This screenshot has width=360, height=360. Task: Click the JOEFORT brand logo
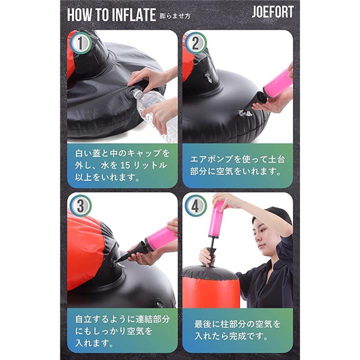click(x=272, y=12)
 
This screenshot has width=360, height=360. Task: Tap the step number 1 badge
click(x=80, y=43)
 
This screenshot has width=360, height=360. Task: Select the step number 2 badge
click(x=195, y=43)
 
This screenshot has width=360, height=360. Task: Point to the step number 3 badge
click(x=80, y=205)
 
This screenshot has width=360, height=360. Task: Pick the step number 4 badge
click(x=195, y=205)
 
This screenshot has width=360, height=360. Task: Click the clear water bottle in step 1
click(x=152, y=109)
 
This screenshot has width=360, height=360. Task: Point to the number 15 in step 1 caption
click(x=125, y=165)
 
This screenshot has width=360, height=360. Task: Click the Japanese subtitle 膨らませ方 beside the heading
click(x=175, y=16)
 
